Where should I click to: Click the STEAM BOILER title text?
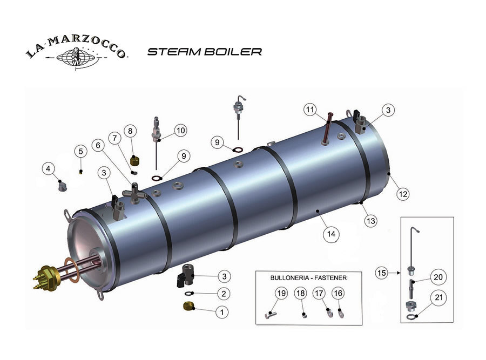[x=205, y=52]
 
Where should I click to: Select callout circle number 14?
[x=330, y=234]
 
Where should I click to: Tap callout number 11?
[x=309, y=110]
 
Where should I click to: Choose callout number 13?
[x=370, y=220]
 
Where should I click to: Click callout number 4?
[x=49, y=169]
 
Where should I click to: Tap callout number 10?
[x=180, y=130]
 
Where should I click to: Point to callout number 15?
[x=382, y=274]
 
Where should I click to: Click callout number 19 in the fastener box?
[x=281, y=293]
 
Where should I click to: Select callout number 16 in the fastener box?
[x=338, y=293]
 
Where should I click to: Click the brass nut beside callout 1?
[x=189, y=307]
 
